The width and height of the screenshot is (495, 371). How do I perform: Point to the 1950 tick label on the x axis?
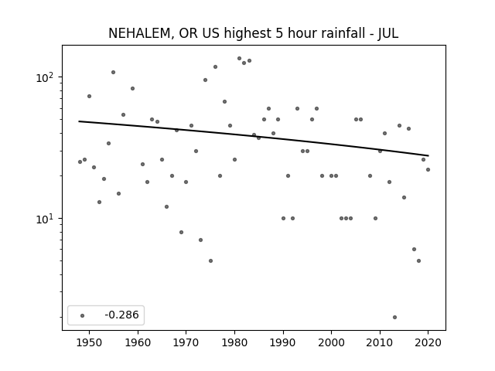(x=90, y=342)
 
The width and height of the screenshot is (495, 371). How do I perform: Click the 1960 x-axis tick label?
(x=138, y=342)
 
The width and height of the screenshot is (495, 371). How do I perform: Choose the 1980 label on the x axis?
(x=234, y=342)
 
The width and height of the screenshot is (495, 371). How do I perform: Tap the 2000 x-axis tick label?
(x=332, y=342)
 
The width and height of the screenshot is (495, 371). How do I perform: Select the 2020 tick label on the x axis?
(x=428, y=342)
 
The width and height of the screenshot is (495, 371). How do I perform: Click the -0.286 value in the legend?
(x=121, y=315)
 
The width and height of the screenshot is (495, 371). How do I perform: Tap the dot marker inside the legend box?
(x=83, y=315)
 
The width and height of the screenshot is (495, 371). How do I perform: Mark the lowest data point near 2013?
(x=394, y=318)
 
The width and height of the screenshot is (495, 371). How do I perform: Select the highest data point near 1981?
(x=239, y=59)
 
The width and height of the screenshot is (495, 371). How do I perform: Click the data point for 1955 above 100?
(x=114, y=72)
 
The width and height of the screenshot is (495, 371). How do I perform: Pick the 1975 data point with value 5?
(x=210, y=261)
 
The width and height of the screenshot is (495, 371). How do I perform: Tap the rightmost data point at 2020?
(x=428, y=170)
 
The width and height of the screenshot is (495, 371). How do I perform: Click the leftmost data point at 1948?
(x=80, y=162)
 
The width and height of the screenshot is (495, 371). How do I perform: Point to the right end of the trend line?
(x=428, y=155)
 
